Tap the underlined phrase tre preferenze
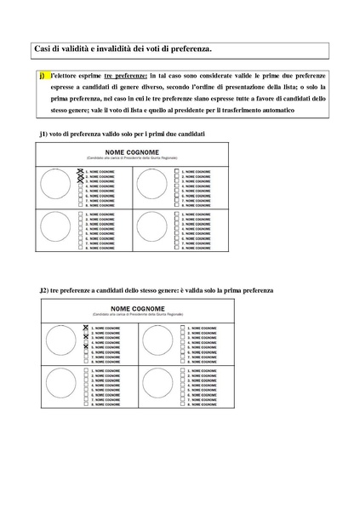click(x=121, y=76)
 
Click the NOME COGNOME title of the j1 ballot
click(x=178, y=151)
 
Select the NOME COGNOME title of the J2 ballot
click(x=178, y=309)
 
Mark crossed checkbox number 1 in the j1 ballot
click(x=80, y=171)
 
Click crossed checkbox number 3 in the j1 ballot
click(x=80, y=181)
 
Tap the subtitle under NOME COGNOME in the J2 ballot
click(x=178, y=316)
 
